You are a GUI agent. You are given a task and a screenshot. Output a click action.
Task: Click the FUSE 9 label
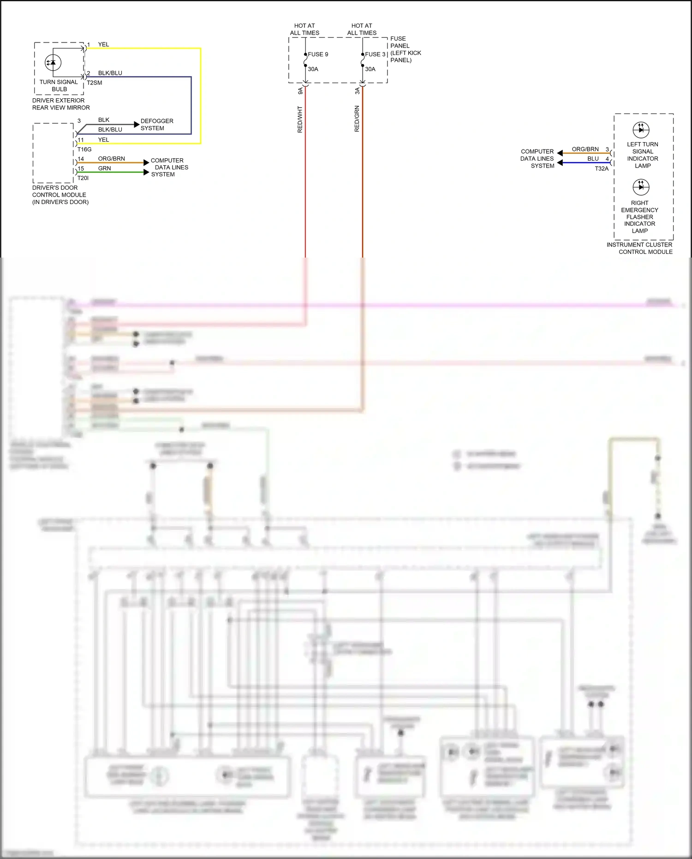[318, 54]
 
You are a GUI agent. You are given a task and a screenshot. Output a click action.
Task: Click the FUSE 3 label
[375, 54]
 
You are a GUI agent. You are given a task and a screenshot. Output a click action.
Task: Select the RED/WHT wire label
[300, 120]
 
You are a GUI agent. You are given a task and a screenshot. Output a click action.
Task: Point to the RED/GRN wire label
[357, 119]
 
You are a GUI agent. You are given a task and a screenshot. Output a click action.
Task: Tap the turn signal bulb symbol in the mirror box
[53, 62]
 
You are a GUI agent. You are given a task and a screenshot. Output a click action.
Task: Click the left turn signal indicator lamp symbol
[641, 130]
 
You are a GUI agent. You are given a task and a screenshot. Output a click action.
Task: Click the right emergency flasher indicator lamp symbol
[641, 187]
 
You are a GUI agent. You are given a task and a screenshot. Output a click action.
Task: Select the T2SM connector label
[95, 83]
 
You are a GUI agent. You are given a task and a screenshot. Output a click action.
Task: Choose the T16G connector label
[84, 150]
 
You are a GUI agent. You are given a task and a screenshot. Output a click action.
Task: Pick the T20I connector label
[83, 178]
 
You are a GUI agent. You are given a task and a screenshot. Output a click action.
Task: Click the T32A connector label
[602, 169]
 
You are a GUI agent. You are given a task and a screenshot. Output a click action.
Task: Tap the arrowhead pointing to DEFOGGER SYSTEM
[137, 125]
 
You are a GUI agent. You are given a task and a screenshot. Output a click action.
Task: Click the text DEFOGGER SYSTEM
[157, 125]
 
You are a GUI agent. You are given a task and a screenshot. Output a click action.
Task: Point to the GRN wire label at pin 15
[105, 168]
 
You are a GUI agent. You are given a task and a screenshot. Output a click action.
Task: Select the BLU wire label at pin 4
[593, 159]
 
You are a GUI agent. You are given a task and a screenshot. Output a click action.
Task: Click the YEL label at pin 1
[103, 45]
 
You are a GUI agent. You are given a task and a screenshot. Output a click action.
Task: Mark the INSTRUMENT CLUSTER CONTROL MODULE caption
[640, 248]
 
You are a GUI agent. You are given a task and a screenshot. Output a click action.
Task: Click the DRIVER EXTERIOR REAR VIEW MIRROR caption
[61, 104]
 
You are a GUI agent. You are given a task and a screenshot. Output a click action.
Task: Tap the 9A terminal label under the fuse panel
[300, 91]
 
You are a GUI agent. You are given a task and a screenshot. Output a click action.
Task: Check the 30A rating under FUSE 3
[370, 69]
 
